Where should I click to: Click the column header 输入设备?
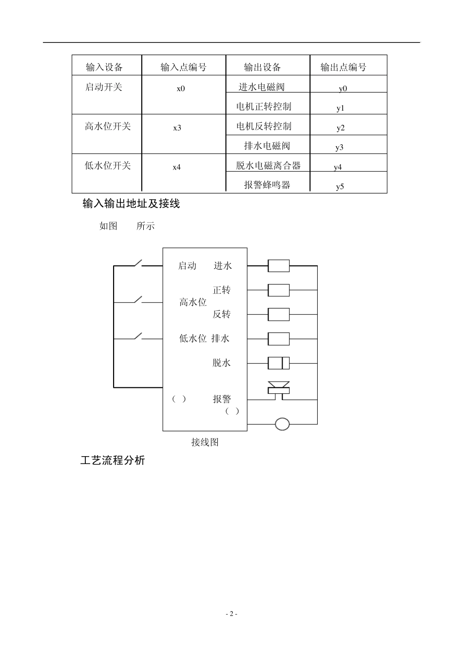(104, 67)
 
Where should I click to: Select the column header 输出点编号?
(343, 67)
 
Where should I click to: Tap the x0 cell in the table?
(181, 89)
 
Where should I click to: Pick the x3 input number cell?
(177, 128)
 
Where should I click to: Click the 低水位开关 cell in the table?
(108, 166)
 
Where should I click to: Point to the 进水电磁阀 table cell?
(262, 87)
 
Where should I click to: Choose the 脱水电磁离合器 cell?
(269, 166)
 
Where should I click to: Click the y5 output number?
(340, 187)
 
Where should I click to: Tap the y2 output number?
(340, 128)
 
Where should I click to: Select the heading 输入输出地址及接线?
(131, 204)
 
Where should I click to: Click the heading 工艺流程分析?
(113, 461)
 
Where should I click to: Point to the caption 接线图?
(205, 443)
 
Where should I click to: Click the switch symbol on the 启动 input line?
(139, 263)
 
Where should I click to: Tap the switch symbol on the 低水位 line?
(139, 336)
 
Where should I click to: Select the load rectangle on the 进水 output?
(279, 266)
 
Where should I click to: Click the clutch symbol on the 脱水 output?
(279, 363)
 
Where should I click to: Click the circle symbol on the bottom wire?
(282, 424)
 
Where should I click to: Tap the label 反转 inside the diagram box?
(222, 314)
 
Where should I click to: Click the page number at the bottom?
(231, 614)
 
